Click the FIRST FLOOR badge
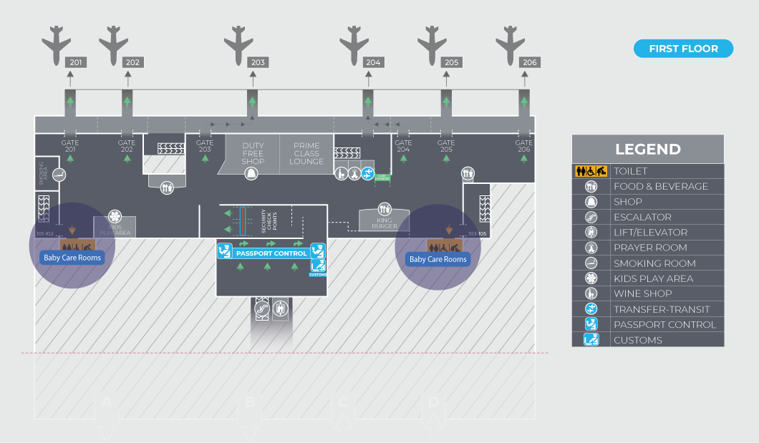click(x=683, y=49)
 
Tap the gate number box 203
click(x=258, y=63)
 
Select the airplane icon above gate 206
click(x=511, y=44)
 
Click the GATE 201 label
click(x=70, y=146)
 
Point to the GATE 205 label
click(x=446, y=146)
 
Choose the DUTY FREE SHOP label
click(x=253, y=153)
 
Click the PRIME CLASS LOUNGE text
click(x=306, y=153)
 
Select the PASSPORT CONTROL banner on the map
click(x=271, y=253)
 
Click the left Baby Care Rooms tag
click(x=72, y=258)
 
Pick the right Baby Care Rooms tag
click(x=438, y=259)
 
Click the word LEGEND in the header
click(x=648, y=150)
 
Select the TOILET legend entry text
click(x=630, y=171)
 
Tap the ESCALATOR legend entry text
click(x=642, y=217)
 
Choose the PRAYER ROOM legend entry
click(x=650, y=248)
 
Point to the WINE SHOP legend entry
click(x=642, y=293)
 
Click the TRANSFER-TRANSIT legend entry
click(x=661, y=309)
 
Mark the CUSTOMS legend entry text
click(x=638, y=340)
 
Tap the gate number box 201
click(x=75, y=63)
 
